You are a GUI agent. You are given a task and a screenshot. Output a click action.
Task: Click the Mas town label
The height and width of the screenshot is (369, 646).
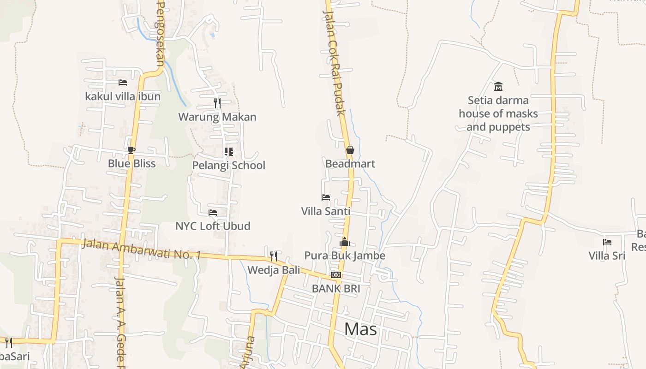[360, 329]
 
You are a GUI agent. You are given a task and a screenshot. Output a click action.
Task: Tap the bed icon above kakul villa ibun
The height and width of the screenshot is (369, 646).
[122, 83]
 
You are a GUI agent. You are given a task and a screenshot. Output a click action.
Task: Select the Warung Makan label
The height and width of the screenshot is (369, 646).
[217, 117]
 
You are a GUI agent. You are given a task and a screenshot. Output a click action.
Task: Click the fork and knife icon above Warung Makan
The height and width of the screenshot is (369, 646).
[217, 103]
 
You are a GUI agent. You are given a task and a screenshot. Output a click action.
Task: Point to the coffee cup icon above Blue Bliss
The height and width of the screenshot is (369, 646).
[132, 150]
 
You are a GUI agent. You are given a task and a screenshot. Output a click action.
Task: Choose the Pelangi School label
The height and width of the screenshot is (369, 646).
[228, 165]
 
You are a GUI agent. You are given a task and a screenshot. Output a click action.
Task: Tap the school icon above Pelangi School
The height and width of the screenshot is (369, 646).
[228, 151]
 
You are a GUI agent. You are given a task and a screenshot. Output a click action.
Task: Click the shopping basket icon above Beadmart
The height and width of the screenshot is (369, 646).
[350, 150]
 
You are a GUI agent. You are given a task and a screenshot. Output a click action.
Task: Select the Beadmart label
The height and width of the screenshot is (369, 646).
[350, 164]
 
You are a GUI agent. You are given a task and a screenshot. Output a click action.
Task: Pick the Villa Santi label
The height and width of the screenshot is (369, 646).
[325, 211]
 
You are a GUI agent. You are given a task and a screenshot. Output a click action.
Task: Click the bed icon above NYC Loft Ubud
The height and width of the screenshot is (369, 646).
[212, 213]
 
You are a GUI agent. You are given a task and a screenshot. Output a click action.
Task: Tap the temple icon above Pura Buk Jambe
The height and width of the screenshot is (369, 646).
[345, 242]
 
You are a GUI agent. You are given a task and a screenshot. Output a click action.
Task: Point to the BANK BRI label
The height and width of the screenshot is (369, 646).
[335, 288]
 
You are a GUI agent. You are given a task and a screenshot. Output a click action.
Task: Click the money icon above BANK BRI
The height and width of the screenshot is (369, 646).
[335, 275]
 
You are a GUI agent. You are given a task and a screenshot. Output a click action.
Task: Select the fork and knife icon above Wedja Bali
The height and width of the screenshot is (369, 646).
[274, 256]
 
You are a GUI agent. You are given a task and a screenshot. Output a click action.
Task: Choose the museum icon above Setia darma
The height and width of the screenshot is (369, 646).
[498, 86]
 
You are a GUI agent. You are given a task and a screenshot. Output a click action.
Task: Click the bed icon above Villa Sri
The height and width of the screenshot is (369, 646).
[607, 242]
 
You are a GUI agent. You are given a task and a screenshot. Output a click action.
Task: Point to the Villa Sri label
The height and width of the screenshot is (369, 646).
[607, 256]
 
